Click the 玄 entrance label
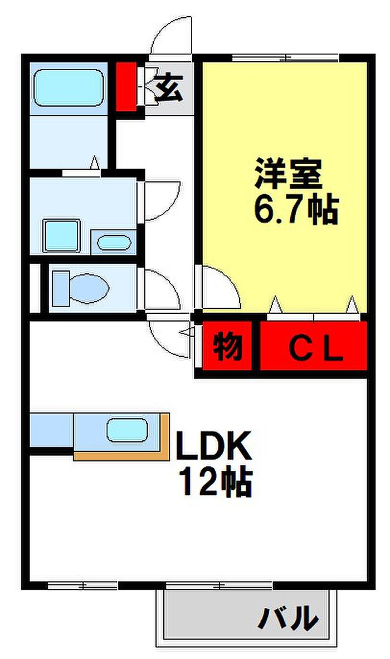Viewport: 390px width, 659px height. [168, 88]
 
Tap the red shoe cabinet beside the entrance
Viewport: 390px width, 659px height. [126, 87]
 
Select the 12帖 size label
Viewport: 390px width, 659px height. [215, 481]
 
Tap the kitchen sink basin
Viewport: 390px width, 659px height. [127, 430]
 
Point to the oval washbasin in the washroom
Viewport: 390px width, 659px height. [115, 242]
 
